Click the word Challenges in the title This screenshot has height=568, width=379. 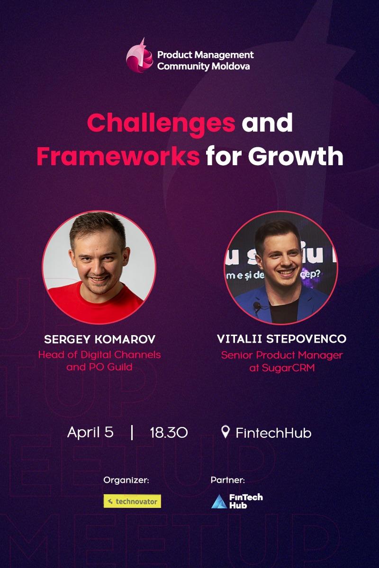[x=161, y=123]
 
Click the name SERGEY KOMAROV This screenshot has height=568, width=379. [x=99, y=339]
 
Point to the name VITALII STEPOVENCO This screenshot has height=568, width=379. [x=281, y=339]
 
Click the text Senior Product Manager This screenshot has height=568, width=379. [x=281, y=355]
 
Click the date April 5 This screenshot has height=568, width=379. [x=90, y=432]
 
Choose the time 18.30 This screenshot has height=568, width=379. [x=169, y=433]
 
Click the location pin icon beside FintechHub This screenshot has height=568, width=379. [x=226, y=432]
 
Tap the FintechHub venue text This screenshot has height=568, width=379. [x=273, y=433]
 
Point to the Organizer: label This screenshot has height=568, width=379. [x=126, y=480]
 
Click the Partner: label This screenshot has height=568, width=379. [x=227, y=480]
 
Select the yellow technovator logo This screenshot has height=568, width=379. [x=132, y=501]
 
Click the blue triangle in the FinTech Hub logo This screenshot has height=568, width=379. [x=219, y=502]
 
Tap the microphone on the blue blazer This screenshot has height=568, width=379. [x=257, y=305]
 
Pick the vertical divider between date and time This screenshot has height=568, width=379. [x=132, y=432]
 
